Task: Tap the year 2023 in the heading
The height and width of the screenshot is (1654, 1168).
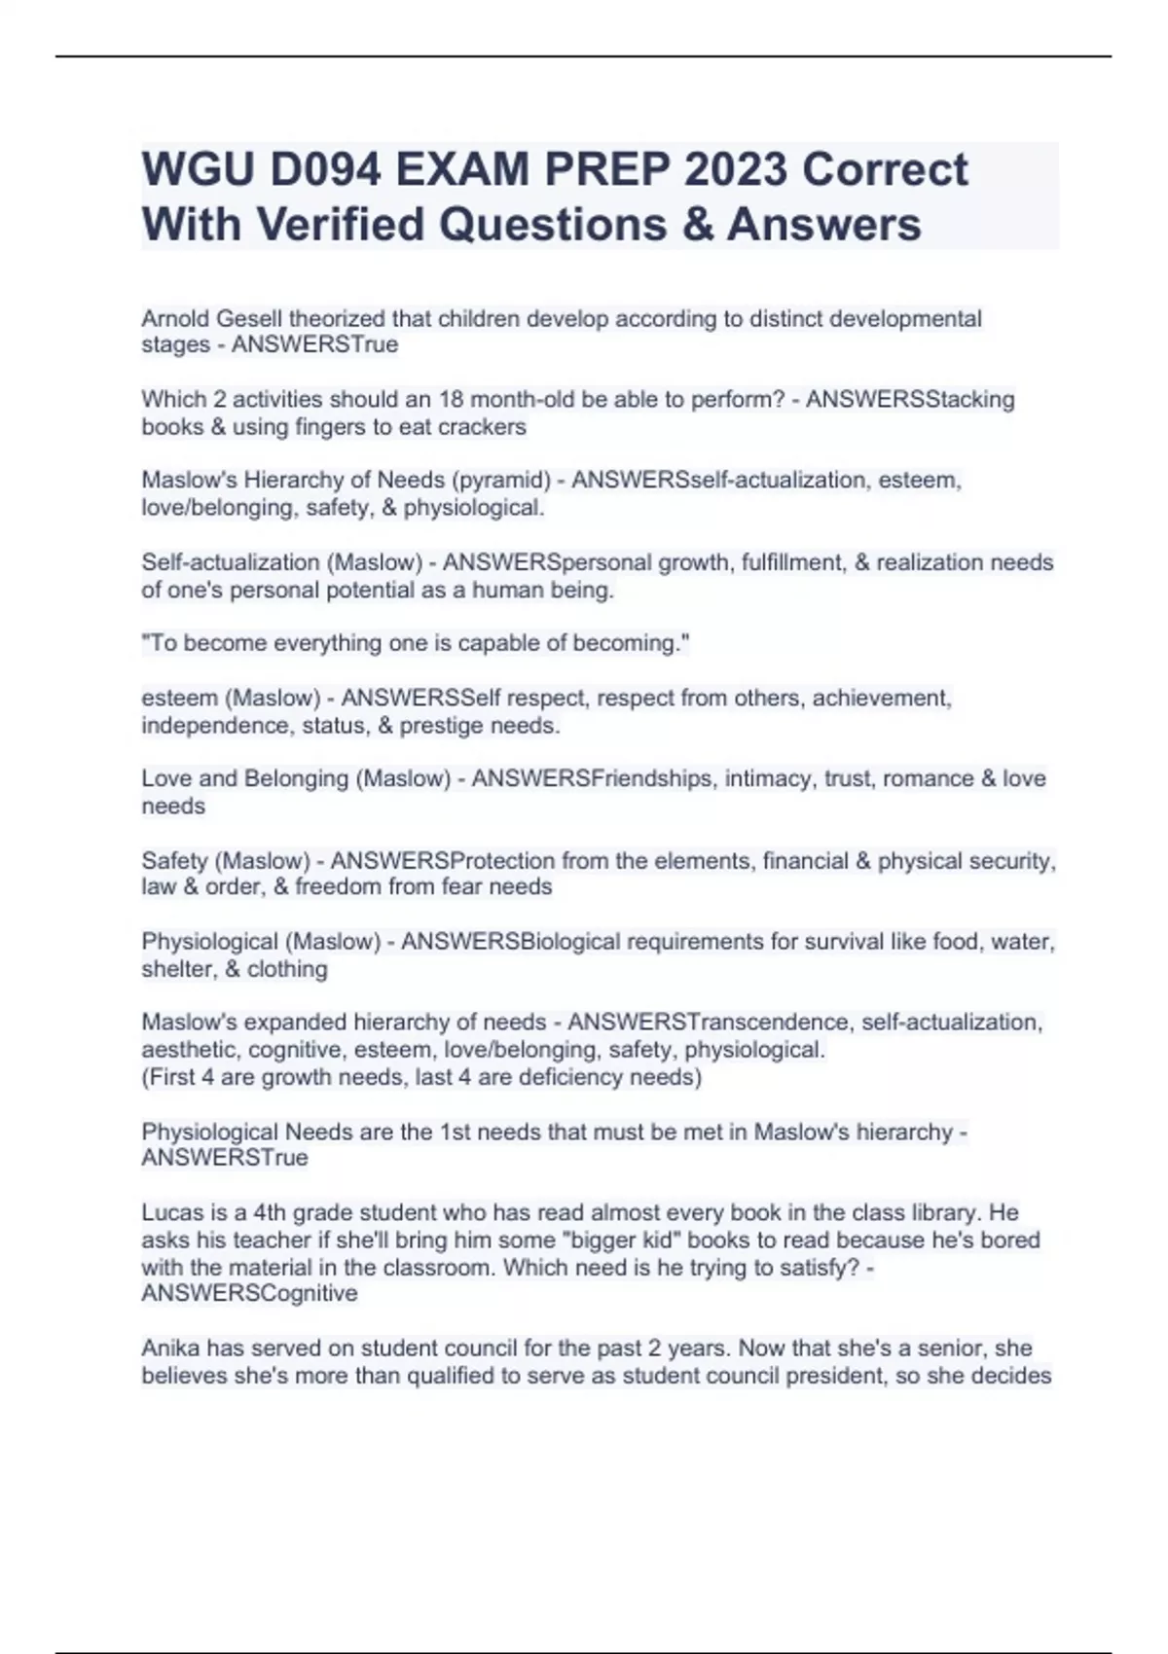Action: click(736, 170)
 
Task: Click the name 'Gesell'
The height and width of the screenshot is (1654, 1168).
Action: click(249, 318)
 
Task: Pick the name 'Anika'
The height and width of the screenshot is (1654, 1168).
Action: click(171, 1348)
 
